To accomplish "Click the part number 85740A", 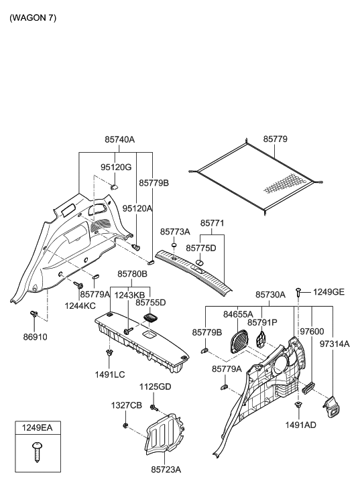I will [120, 140].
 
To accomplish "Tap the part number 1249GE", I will [328, 292].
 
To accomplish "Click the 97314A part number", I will [335, 343].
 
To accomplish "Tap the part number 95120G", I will [116, 167].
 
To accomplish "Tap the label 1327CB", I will [126, 406].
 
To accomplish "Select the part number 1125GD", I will [155, 387].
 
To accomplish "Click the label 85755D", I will [150, 303].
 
